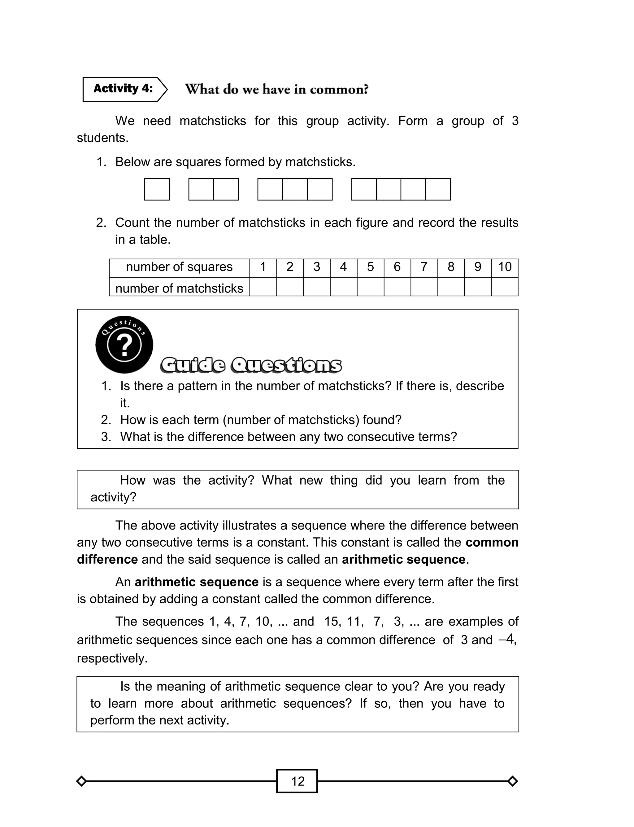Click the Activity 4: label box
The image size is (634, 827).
pyautogui.click(x=123, y=89)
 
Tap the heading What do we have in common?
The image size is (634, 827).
pyautogui.click(x=277, y=90)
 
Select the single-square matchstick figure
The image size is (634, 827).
pyautogui.click(x=157, y=189)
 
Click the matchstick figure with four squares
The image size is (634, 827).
pyautogui.click(x=401, y=189)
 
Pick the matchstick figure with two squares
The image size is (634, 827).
pyautogui.click(x=213, y=189)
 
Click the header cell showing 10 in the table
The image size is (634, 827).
pyautogui.click(x=505, y=267)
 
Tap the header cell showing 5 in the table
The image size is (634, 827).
pyautogui.click(x=370, y=267)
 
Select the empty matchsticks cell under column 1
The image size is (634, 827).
pyautogui.click(x=263, y=287)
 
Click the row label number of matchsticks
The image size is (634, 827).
pyautogui.click(x=179, y=288)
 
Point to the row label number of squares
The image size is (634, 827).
pyautogui.click(x=179, y=267)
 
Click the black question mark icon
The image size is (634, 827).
pyautogui.click(x=124, y=344)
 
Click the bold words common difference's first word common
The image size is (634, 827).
pyautogui.click(x=492, y=543)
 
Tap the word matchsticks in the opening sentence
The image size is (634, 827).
pyautogui.click(x=212, y=121)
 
